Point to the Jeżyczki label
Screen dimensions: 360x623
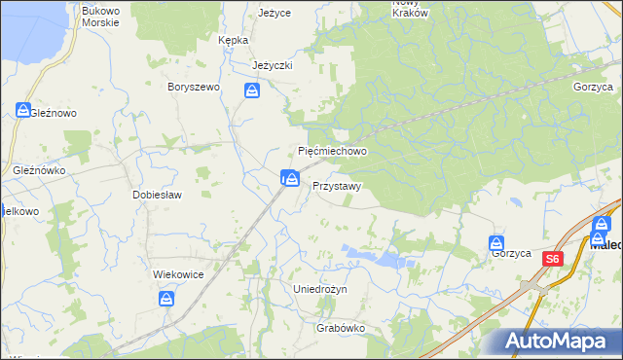pyautogui.click(x=273, y=65)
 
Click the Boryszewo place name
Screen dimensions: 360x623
pyautogui.click(x=195, y=87)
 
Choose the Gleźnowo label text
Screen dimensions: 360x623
pyautogui.click(x=53, y=113)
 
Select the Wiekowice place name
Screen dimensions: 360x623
pyautogui.click(x=178, y=274)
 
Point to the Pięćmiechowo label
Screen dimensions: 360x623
pyautogui.click(x=332, y=152)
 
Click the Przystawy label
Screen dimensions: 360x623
pyautogui.click(x=338, y=185)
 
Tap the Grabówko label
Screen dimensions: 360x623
pyautogui.click(x=340, y=329)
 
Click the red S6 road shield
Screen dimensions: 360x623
pyautogui.click(x=553, y=259)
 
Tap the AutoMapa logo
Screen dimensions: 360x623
pyautogui.click(x=559, y=342)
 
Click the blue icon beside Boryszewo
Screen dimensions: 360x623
pyautogui.click(x=252, y=91)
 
